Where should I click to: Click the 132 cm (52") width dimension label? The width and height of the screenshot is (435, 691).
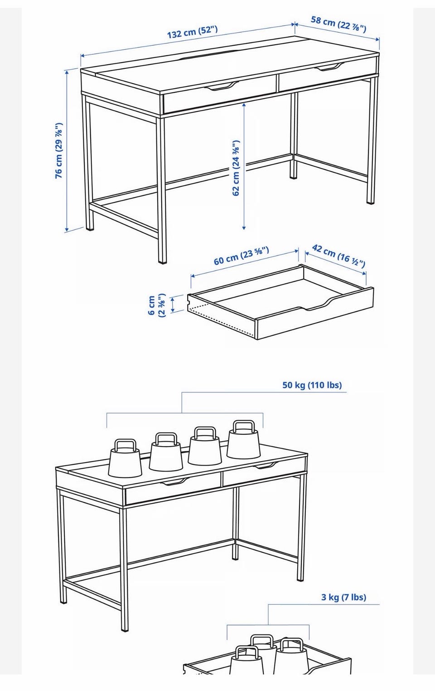(193, 32)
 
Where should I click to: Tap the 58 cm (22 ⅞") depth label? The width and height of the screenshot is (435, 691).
(338, 24)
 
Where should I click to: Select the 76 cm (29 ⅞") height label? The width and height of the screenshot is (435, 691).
(59, 151)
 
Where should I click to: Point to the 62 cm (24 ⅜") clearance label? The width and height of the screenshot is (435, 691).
(236, 168)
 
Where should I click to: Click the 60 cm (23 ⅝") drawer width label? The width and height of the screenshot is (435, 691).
(241, 256)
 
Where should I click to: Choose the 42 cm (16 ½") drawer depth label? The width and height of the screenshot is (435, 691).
(338, 256)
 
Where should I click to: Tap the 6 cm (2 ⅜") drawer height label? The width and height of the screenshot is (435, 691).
(157, 305)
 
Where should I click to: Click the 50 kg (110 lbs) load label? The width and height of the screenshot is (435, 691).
(312, 385)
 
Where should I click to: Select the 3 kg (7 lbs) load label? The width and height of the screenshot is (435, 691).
(343, 597)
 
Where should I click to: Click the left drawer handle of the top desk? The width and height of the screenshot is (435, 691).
(222, 86)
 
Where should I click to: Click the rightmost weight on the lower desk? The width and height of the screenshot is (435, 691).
(243, 440)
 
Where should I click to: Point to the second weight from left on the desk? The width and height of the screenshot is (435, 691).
(165, 452)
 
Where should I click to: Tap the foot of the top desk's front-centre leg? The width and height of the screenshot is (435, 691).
(162, 261)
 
